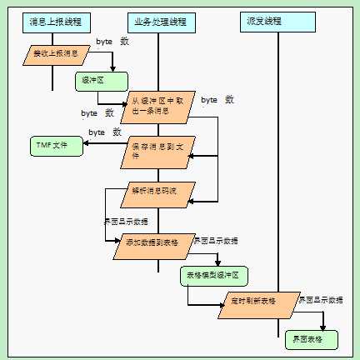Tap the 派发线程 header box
[x=277, y=20]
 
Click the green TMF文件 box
[x=52, y=146]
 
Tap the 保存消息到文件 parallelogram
[x=157, y=150]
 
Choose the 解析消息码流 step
[x=157, y=191]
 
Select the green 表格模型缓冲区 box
[x=212, y=276]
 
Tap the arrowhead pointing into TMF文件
[x=86, y=146]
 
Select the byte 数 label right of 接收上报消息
[x=112, y=41]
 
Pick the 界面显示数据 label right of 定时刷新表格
[x=321, y=297]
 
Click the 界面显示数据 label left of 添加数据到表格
[x=125, y=222]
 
